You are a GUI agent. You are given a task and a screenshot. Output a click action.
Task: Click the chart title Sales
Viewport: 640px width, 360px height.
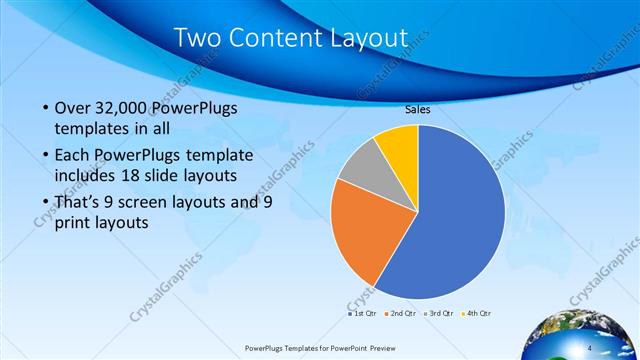[x=417, y=110]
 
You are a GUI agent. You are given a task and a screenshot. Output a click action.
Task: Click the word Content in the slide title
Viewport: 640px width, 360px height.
[x=281, y=38]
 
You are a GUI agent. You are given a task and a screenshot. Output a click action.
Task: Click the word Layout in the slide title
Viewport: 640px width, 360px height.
[x=369, y=39]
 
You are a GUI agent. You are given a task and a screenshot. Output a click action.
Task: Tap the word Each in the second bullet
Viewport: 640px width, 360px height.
[x=73, y=156]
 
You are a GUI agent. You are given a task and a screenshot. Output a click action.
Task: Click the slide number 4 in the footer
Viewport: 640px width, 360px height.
[x=589, y=347]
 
